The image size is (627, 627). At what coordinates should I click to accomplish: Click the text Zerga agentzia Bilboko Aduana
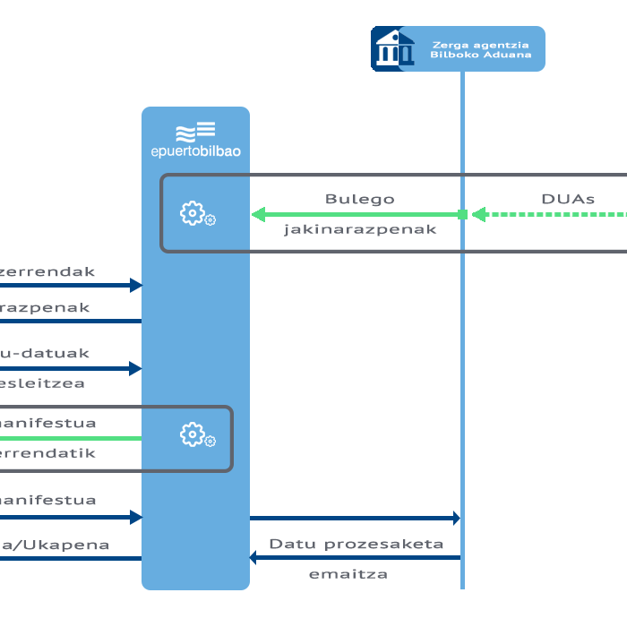[481, 49]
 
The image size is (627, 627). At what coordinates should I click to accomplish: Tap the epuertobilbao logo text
[195, 151]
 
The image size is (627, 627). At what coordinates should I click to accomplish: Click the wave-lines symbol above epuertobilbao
[195, 131]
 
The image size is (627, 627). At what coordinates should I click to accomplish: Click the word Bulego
[359, 199]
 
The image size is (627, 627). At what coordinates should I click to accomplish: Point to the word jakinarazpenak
[360, 229]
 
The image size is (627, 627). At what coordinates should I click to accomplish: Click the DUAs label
[568, 199]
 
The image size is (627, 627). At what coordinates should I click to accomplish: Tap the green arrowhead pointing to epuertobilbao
[258, 214]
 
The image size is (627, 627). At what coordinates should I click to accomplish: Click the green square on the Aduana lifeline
[462, 214]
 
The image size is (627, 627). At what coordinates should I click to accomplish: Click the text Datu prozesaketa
[356, 544]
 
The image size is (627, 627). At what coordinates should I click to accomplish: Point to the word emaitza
[348, 573]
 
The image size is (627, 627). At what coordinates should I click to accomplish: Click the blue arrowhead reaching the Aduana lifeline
[455, 518]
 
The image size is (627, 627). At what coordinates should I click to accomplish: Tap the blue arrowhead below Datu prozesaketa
[254, 558]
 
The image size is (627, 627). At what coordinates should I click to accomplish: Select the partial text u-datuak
[45, 353]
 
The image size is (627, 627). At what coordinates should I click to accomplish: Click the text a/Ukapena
[55, 545]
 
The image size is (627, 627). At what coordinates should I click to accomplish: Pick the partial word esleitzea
[42, 383]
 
